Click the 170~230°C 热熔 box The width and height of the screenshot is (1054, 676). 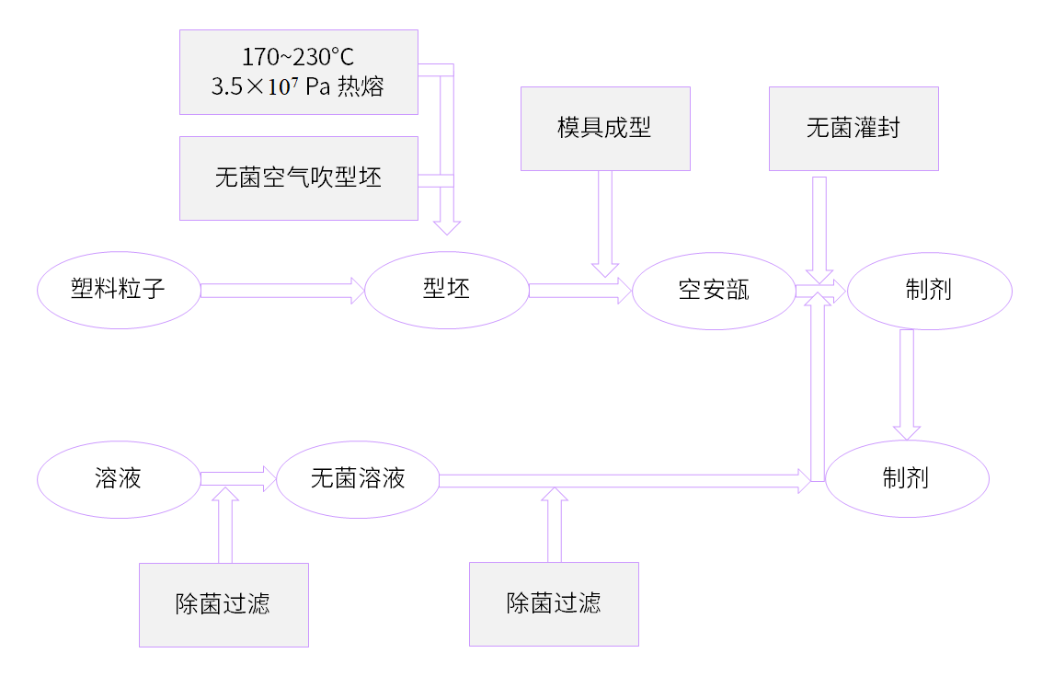click(298, 72)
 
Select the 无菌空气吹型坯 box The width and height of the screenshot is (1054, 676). click(298, 178)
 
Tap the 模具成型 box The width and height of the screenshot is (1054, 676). click(605, 128)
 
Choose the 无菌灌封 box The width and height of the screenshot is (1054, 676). click(854, 128)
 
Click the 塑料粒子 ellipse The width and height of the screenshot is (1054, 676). click(119, 291)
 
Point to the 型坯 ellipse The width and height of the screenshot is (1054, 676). click(446, 291)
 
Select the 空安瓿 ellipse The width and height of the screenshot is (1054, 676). click(714, 291)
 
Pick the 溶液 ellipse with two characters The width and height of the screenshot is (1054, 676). click(119, 479)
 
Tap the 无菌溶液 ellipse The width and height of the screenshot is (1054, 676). click(358, 479)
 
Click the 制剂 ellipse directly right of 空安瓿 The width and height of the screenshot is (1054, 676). click(929, 291)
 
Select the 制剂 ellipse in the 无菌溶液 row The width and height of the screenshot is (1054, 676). click(907, 479)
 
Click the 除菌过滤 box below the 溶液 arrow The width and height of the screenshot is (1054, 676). click(223, 604)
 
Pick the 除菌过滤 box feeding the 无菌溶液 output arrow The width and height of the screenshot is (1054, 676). click(554, 604)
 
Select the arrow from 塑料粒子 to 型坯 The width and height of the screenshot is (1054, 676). click(281, 291)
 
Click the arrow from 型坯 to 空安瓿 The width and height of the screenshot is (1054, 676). click(579, 291)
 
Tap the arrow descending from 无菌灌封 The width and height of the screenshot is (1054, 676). click(819, 230)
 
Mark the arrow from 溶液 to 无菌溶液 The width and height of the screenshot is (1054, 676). click(237, 478)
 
